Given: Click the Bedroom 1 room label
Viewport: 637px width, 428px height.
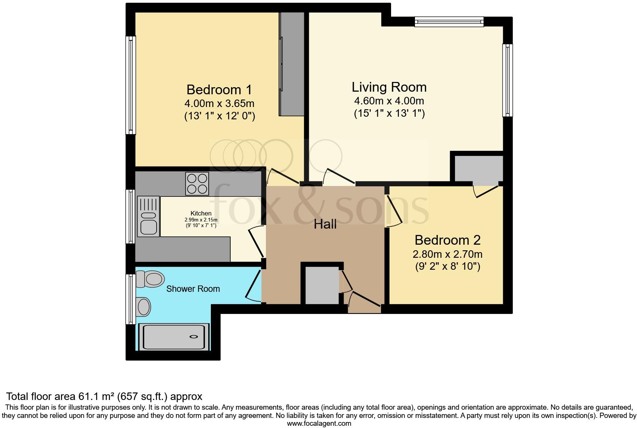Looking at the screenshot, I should coord(219,90).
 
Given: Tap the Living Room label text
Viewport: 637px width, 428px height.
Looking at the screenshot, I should coord(389,87).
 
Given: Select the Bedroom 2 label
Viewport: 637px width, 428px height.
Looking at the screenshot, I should coord(447,240).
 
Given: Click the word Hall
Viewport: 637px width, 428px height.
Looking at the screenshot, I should coord(325,224).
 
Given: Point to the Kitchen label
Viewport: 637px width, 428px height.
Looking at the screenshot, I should coord(201,213).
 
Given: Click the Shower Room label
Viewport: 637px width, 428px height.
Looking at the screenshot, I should coord(193,289).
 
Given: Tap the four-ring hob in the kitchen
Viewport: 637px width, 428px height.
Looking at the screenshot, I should coord(197,184).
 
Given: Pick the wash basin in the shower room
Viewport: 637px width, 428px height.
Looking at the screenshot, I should coord(144,307).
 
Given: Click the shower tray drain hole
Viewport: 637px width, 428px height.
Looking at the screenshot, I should coord(194,337).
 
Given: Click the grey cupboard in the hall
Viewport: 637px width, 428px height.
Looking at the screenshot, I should coord(322,285).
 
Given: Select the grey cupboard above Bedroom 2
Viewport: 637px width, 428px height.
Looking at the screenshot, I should coord(478,169).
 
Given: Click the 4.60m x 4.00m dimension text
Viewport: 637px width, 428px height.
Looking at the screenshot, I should coord(389,101).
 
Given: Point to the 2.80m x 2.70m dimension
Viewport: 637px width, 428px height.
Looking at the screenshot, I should coord(447,254).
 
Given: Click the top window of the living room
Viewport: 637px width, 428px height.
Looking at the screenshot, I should coord(449,22).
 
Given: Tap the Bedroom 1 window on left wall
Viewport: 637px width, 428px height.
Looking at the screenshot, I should coord(130,85).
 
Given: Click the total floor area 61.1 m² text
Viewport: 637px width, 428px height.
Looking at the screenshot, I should coord(104,396).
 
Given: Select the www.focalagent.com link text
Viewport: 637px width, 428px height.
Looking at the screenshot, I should coord(319,424).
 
